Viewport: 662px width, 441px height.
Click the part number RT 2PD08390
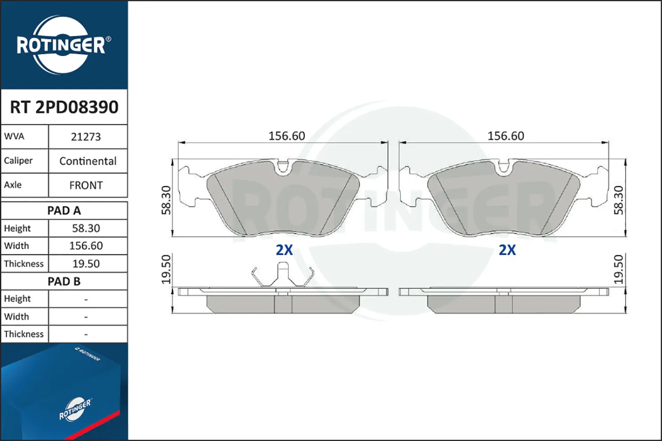coord(64,107)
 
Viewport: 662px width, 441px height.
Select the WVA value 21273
coord(86,137)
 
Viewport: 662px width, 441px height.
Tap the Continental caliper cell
coord(88,161)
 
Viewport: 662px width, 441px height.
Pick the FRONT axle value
coord(86,186)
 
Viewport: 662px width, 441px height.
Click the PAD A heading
coord(64,211)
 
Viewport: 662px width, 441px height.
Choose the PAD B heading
coord(64,281)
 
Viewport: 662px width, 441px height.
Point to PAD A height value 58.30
coord(86,228)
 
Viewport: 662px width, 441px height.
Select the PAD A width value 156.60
coord(86,246)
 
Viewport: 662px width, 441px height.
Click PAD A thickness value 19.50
coord(86,264)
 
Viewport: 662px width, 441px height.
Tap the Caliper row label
coord(18,161)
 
